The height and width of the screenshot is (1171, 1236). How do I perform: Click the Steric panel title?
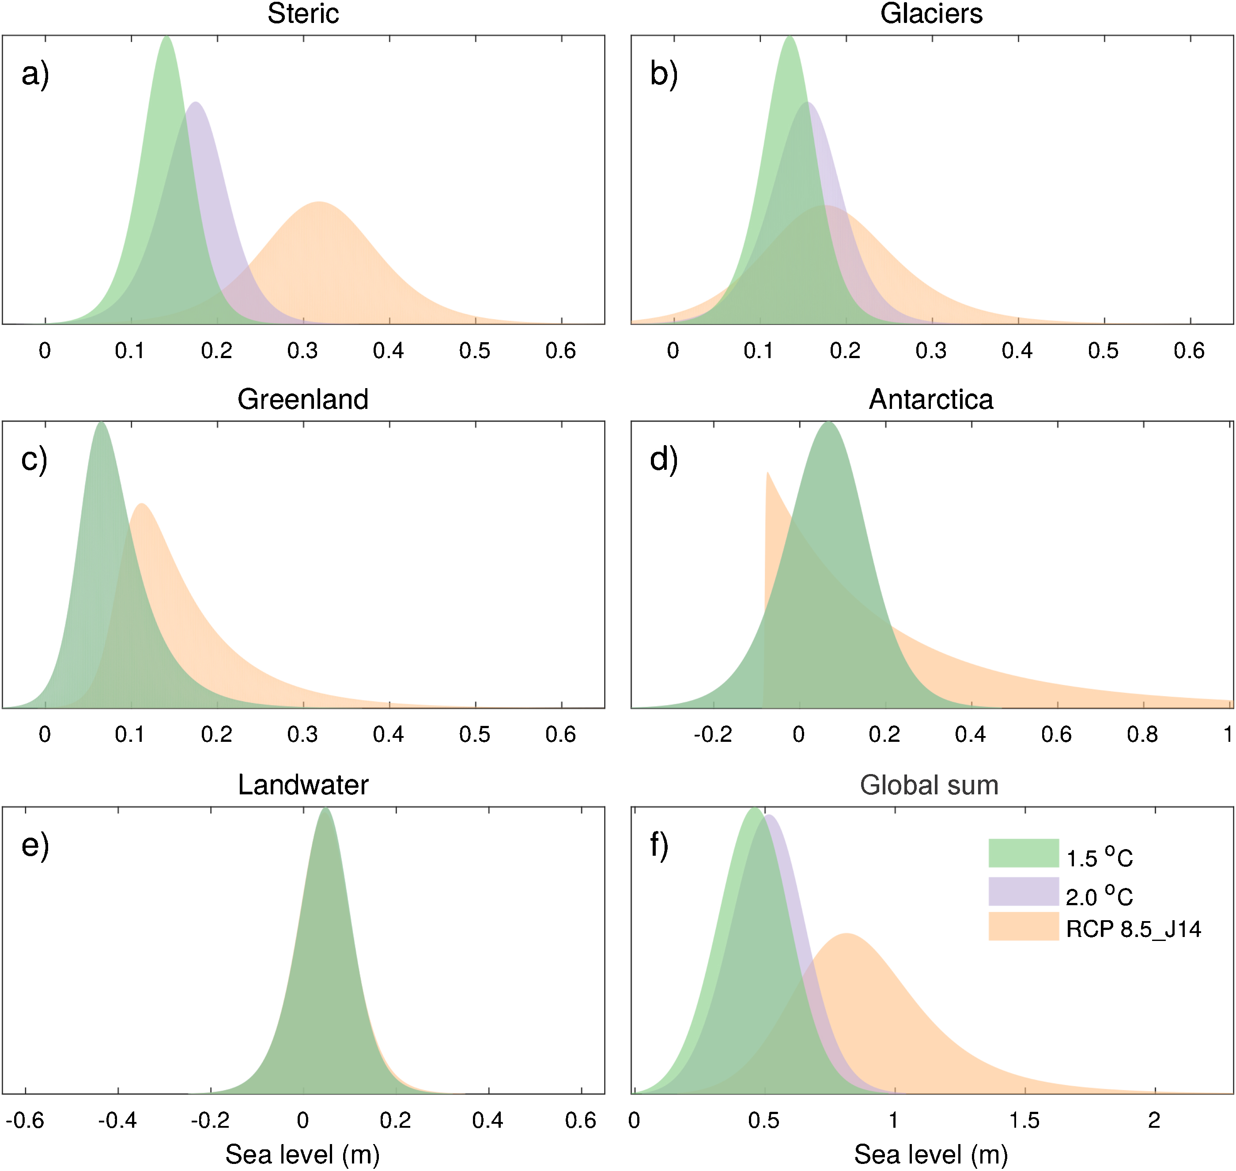[303, 14]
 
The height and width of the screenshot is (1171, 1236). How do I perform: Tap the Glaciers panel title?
[931, 14]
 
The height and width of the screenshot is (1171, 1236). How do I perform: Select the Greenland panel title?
[303, 400]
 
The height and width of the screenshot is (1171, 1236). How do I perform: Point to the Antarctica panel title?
[931, 400]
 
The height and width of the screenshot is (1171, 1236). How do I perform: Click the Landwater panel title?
[303, 785]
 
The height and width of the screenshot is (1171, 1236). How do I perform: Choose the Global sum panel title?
[930, 785]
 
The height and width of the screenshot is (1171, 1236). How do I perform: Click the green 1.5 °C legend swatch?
[1024, 853]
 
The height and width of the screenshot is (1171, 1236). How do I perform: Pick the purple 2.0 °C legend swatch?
[1024, 891]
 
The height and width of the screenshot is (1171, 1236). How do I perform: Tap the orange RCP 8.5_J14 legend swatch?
[1024, 926]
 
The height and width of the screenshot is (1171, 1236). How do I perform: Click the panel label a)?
[35, 74]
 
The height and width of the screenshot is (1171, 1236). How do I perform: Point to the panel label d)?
[664, 460]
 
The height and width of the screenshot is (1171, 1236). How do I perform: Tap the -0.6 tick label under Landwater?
[25, 1120]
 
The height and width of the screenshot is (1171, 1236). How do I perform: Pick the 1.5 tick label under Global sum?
[1024, 1120]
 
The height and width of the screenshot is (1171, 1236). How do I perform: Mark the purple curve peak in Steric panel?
[196, 104]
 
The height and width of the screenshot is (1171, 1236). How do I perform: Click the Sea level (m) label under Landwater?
[303, 1155]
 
